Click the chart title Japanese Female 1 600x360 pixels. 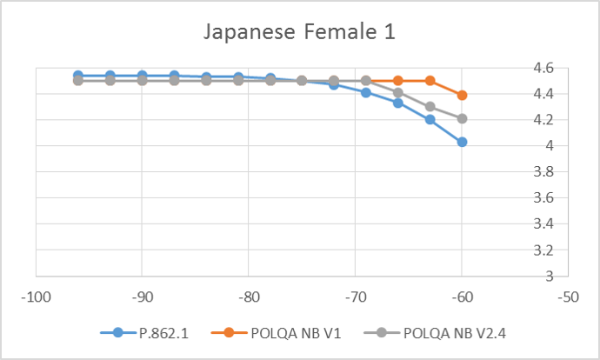[x=300, y=33]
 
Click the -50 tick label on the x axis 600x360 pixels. [x=569, y=297]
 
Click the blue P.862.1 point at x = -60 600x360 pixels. [x=462, y=142]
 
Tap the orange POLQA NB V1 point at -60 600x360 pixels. [x=462, y=95]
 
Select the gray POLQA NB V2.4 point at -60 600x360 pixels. [x=462, y=118]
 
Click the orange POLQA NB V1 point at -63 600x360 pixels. [x=430, y=81]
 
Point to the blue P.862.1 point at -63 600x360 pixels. [x=430, y=120]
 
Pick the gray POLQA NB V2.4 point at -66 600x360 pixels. [x=398, y=92]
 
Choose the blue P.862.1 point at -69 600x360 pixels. [x=366, y=92]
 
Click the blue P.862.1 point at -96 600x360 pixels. [x=78, y=76]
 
